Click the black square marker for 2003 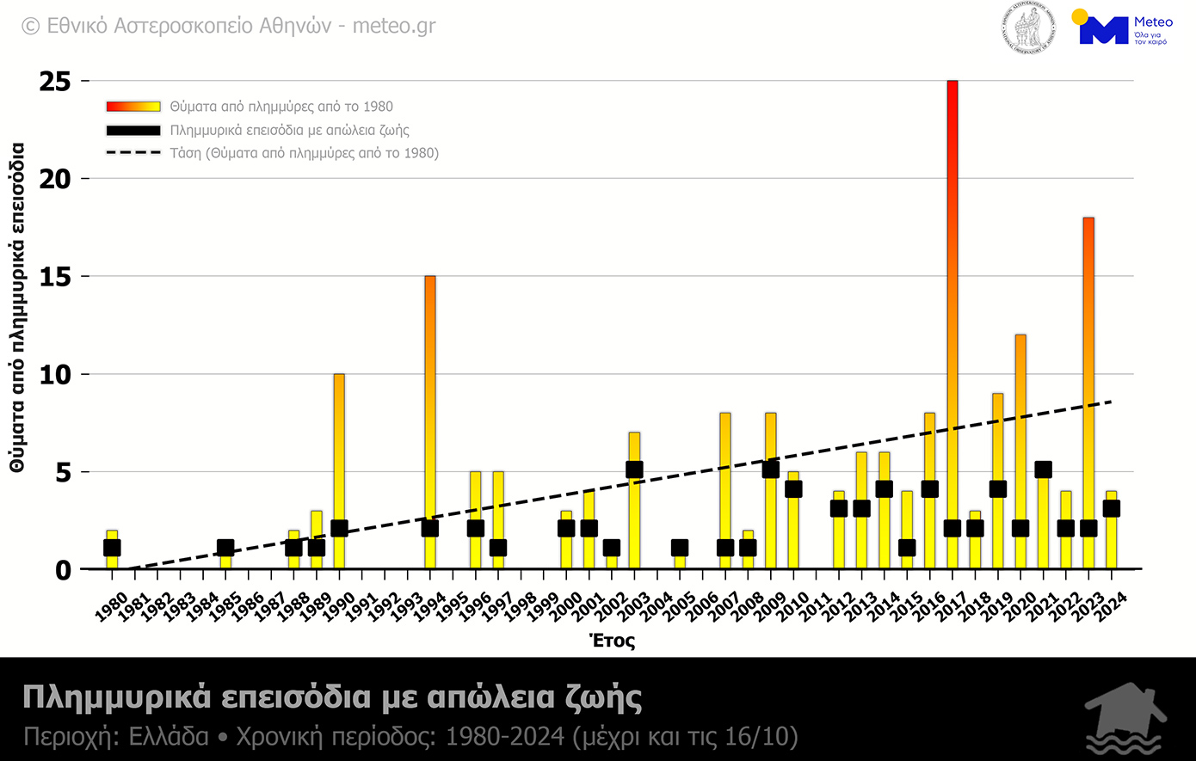(x=634, y=469)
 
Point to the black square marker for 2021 (x=1043, y=469)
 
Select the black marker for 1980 (x=112, y=548)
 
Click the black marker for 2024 (x=1111, y=508)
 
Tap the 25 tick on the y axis (x=55, y=82)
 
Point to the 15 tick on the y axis (x=55, y=277)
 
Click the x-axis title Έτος (x=612, y=641)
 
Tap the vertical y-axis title (x=17, y=308)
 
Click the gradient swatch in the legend (x=133, y=107)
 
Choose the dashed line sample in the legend (x=133, y=153)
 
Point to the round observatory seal (x=1028, y=29)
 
